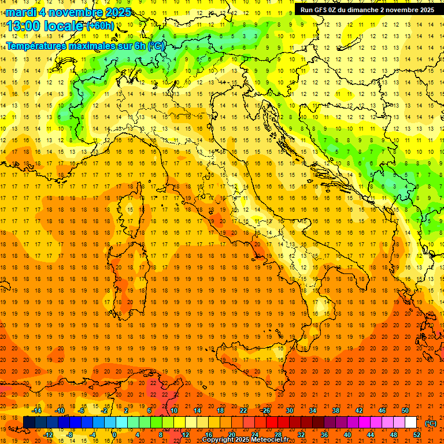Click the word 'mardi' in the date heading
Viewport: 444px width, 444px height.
click(21, 12)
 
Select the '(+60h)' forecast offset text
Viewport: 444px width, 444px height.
click(100, 26)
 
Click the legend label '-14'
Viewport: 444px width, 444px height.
click(37, 410)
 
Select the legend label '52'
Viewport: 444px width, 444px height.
click(417, 434)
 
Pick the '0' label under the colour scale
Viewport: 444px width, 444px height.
click(115, 434)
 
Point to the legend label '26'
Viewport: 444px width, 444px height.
click(267, 410)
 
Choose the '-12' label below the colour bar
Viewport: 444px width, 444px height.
click(48, 434)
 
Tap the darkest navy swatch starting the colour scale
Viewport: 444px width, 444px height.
click(29, 422)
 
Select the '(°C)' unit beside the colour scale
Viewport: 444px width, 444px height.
click(431, 423)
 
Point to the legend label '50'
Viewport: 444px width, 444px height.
click(405, 410)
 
